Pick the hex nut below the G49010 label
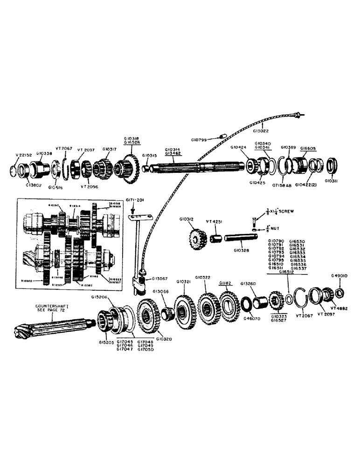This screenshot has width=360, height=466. tap(340, 292)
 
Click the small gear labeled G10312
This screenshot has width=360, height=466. tap(198, 239)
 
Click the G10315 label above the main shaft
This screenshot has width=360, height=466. tap(150, 156)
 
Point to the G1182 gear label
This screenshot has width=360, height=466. tap(226, 283)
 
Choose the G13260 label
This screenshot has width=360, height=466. tap(249, 283)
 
